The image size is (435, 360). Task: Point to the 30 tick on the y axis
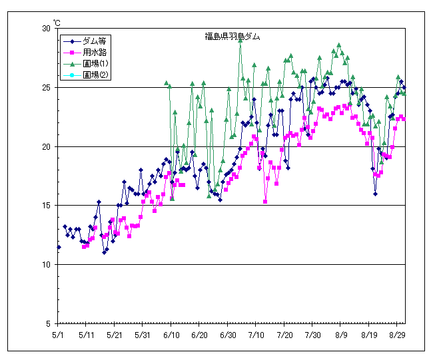[x=47, y=29]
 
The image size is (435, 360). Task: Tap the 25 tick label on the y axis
[x=47, y=88]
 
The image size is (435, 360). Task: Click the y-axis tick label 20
[x=47, y=146]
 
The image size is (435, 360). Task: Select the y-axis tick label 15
[x=47, y=206]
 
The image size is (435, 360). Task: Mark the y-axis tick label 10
[x=47, y=265]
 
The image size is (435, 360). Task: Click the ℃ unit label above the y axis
[x=56, y=23]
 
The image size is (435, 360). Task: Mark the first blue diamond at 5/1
[x=59, y=247]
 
